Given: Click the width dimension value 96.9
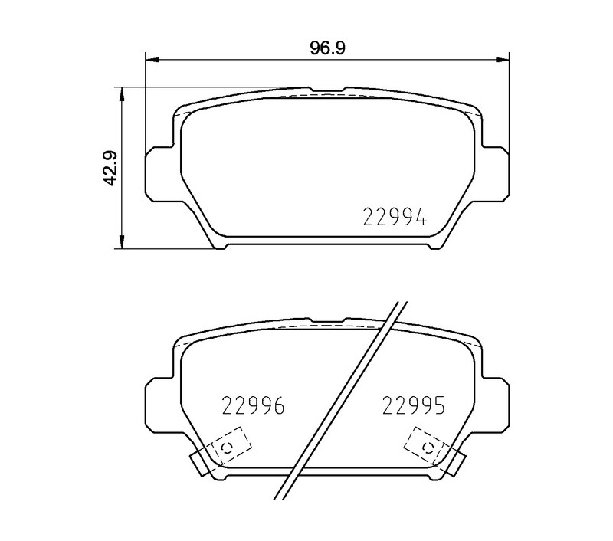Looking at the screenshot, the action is tap(328, 48).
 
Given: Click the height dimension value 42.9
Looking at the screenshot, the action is tap(109, 168).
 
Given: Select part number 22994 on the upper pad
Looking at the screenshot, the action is tap(395, 217).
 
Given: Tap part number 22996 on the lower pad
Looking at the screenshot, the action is tap(253, 405).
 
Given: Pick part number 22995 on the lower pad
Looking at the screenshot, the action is tap(413, 405).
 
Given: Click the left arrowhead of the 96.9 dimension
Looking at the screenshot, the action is tap(152, 60).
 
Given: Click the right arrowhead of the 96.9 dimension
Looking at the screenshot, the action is tap(503, 60).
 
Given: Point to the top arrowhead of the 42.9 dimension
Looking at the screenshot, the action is tap(122, 94).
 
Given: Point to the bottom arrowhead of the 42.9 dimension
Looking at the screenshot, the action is tap(122, 241).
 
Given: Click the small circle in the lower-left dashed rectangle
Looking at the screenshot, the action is tap(227, 448).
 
